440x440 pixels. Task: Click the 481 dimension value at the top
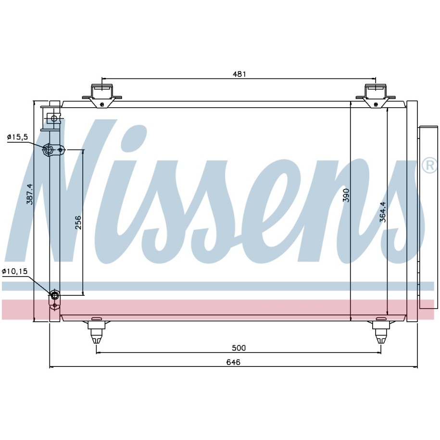(239, 74)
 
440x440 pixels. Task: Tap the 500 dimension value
(239, 348)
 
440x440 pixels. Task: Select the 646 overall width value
(234, 362)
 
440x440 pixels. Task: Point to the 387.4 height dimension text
(30, 194)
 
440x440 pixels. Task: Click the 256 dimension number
(78, 222)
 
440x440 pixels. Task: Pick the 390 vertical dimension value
(346, 195)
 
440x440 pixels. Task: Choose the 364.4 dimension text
(383, 212)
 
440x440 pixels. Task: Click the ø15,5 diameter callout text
(17, 137)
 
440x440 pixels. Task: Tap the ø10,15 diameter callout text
(15, 271)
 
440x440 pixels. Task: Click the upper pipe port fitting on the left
(48, 150)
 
